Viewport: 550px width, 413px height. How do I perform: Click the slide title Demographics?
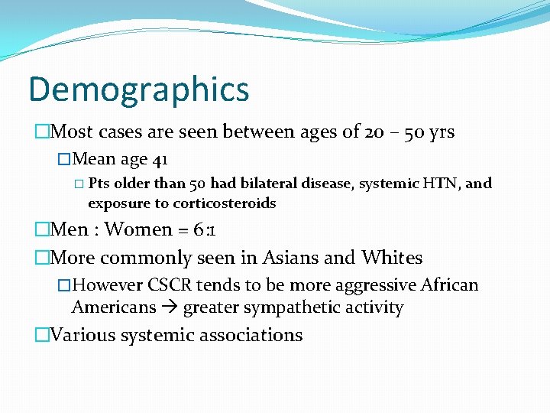tap(138, 89)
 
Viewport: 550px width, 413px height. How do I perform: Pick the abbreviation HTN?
tap(442, 184)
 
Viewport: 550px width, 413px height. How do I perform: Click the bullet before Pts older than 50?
tap(80, 184)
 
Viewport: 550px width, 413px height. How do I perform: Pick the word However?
tap(107, 285)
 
